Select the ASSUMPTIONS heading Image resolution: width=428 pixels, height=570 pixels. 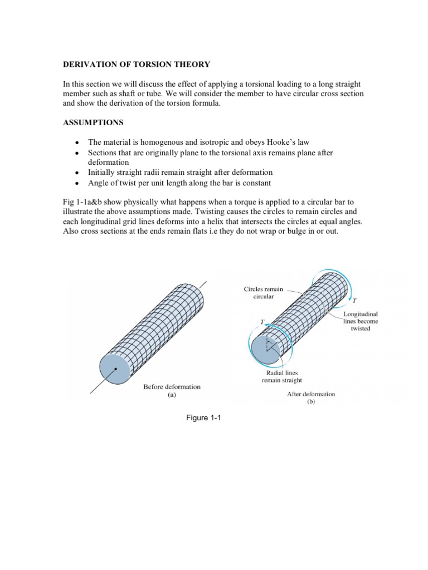[x=93, y=122]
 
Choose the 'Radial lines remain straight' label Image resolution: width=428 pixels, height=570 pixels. [x=282, y=376]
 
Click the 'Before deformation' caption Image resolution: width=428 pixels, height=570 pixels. [x=172, y=386]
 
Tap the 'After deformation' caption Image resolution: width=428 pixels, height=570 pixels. [x=311, y=394]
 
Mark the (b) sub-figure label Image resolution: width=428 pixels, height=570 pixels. [x=311, y=401]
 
